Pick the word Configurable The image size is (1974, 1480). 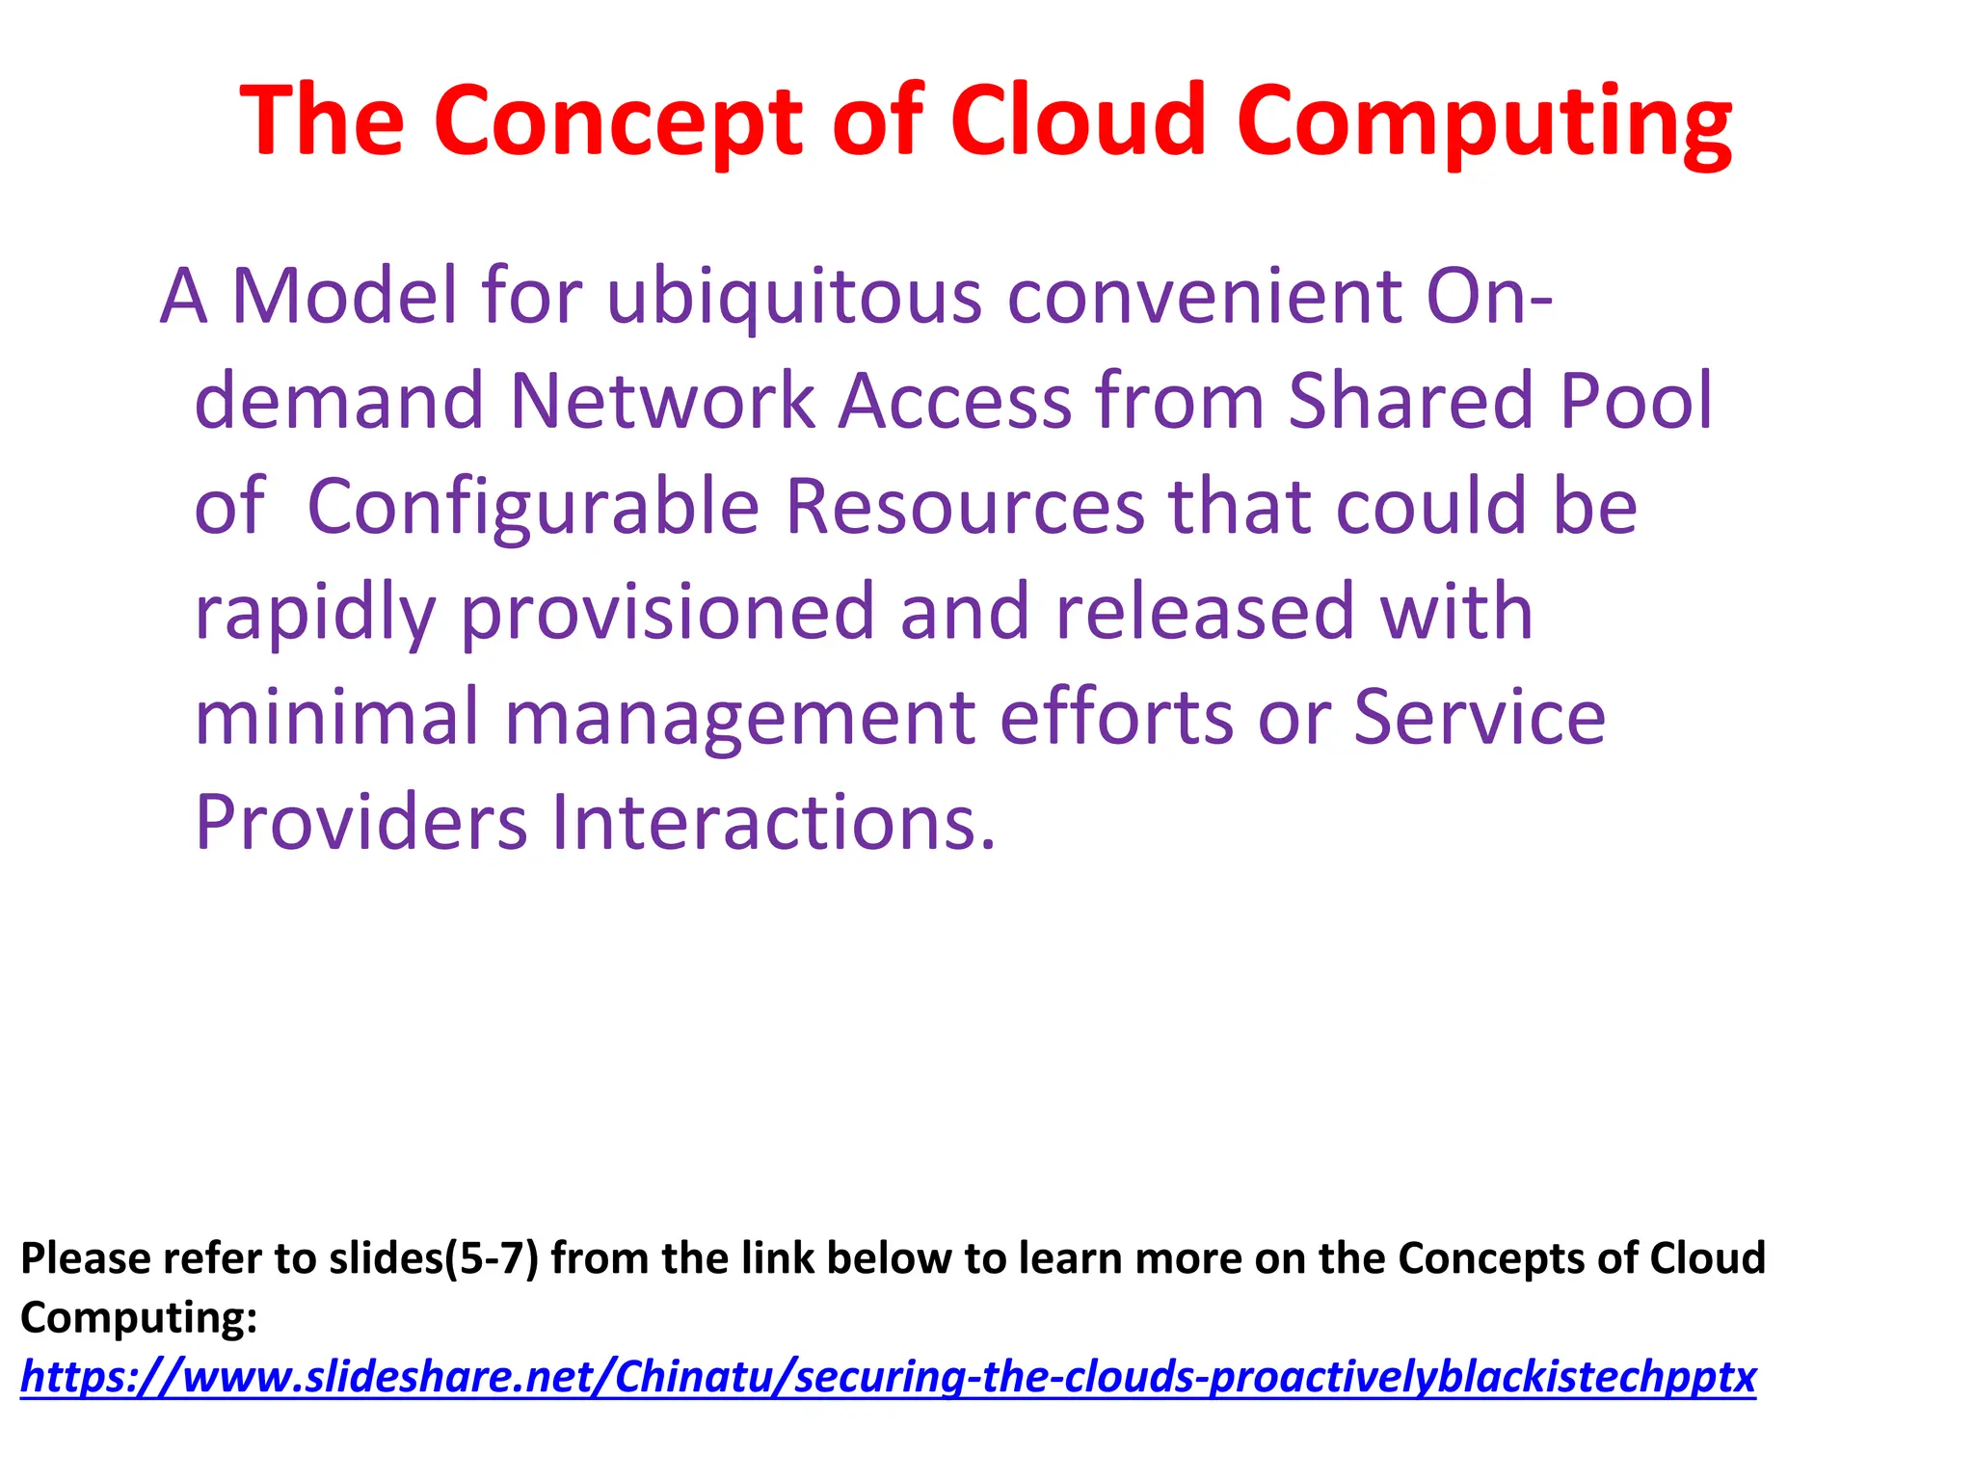click(x=533, y=507)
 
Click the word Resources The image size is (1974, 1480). click(x=965, y=507)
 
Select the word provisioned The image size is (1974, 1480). click(x=667, y=613)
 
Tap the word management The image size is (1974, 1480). click(x=739, y=719)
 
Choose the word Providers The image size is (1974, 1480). click(x=361, y=823)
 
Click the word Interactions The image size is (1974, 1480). click(x=773, y=823)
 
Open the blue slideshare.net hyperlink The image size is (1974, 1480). click(x=888, y=1377)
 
